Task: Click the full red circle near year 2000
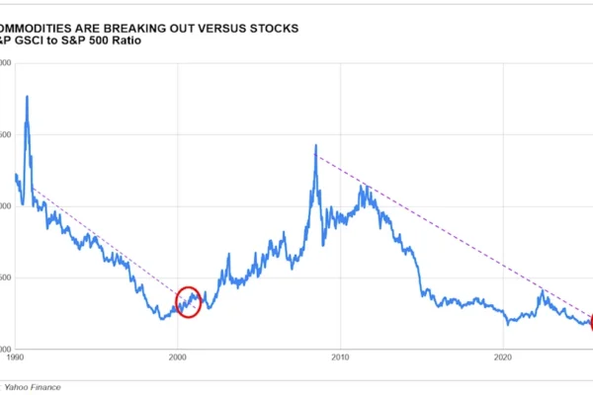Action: point(188,301)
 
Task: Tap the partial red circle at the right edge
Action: point(590,321)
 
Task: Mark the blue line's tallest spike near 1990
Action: point(27,97)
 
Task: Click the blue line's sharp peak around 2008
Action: point(315,146)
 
